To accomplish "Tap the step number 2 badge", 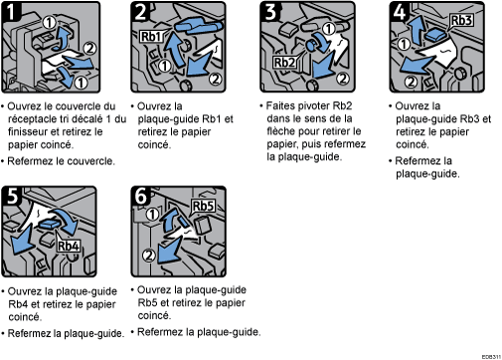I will pyautogui.click(x=141, y=13).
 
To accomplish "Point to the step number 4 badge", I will pyautogui.click(x=396, y=13).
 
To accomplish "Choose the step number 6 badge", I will pyautogui.click(x=141, y=197).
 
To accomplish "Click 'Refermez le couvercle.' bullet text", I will pyautogui.click(x=60, y=158).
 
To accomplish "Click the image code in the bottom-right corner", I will pyautogui.click(x=488, y=353).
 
